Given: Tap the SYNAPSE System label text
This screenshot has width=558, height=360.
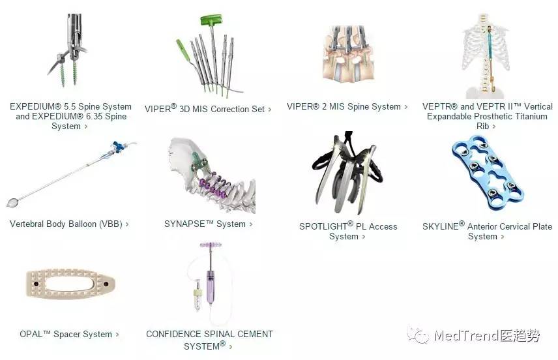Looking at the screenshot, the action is pos(205,224).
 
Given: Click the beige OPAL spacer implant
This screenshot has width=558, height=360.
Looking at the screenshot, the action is pos(70,284).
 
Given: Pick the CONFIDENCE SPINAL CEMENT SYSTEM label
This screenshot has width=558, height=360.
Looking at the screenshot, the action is pos(209,339).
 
